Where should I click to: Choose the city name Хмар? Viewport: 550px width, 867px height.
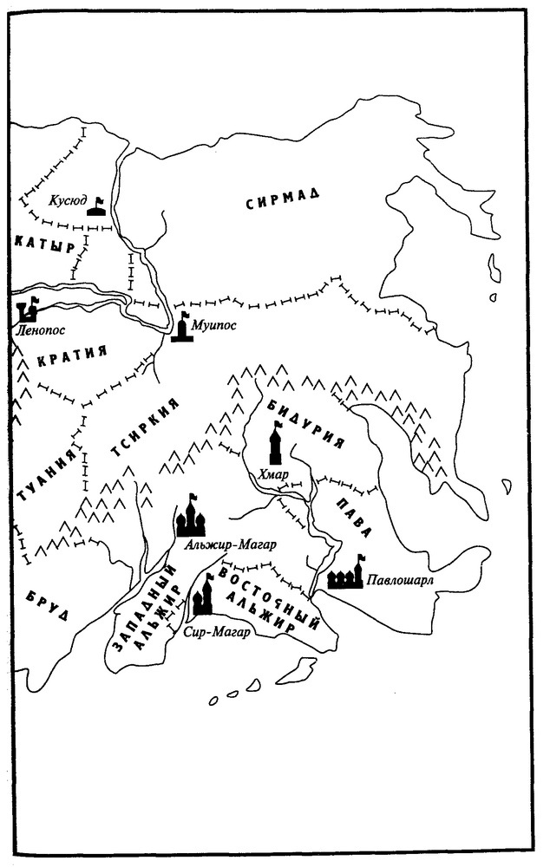(x=271, y=473)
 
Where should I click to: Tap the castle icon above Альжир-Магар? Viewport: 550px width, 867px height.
(x=191, y=518)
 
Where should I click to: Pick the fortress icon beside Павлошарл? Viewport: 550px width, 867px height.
(x=345, y=575)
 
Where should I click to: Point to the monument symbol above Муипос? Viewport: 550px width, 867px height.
(x=182, y=328)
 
